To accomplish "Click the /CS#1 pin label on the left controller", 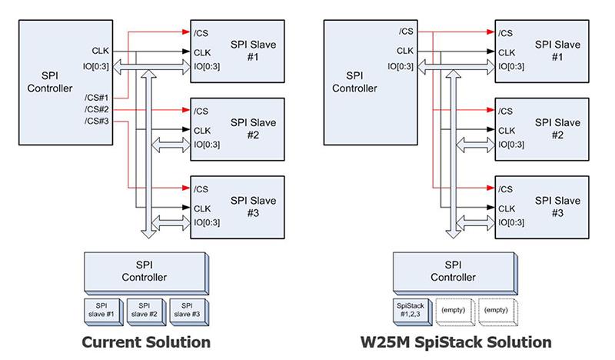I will pyautogui.click(x=97, y=98).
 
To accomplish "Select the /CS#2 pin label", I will pyautogui.click(x=97, y=108).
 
